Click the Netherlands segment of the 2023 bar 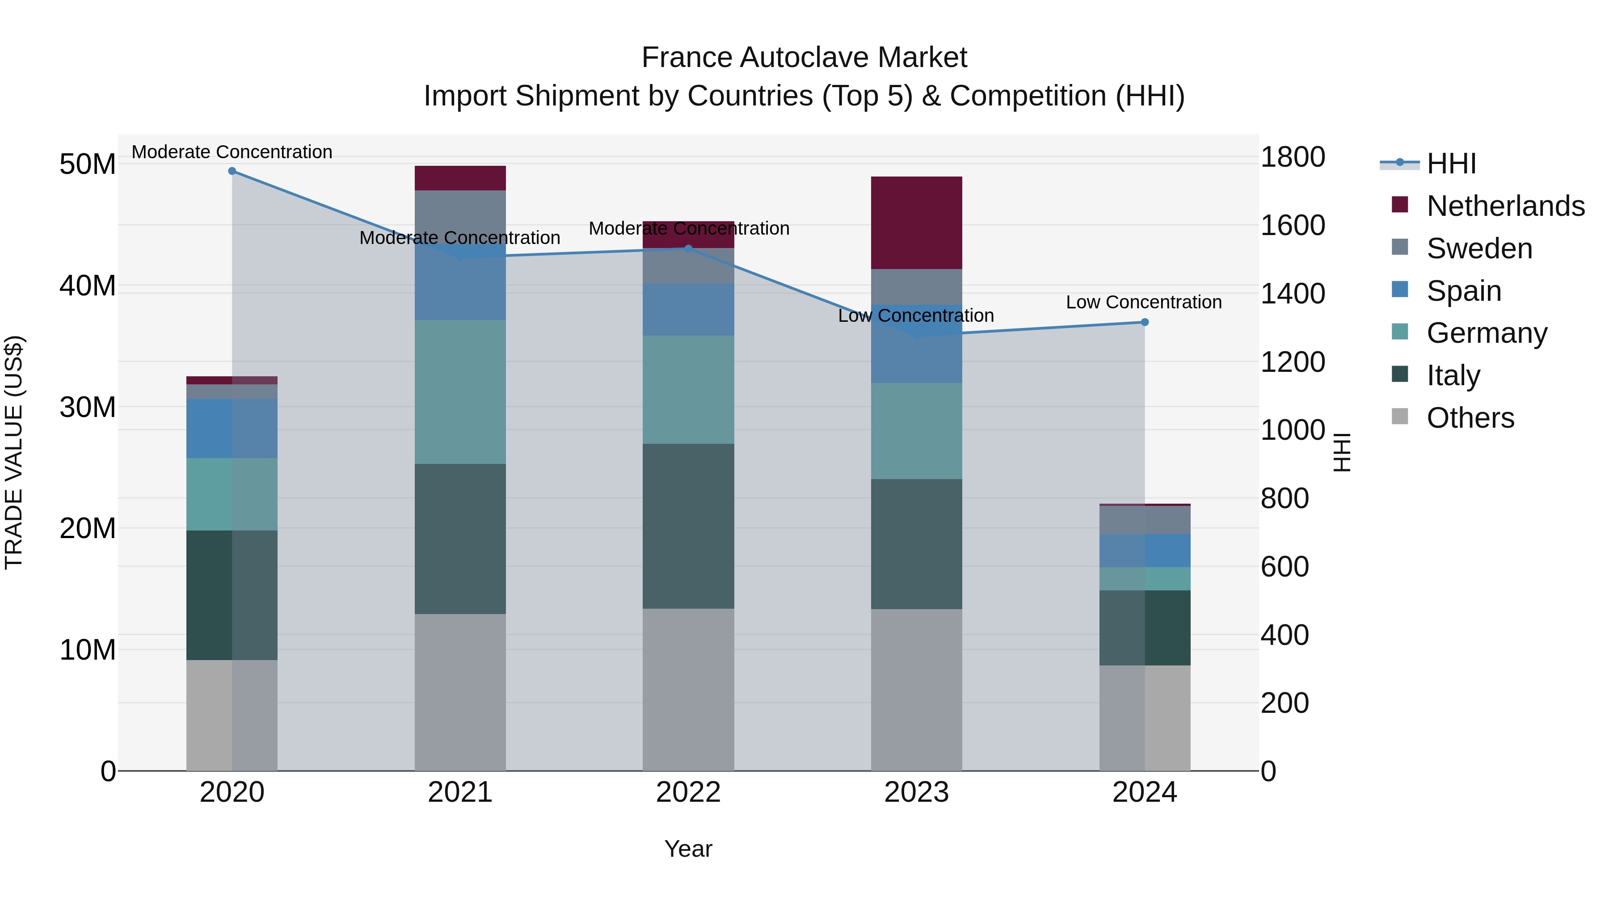click(x=916, y=223)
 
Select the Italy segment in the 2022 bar click(x=688, y=526)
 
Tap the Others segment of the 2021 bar click(x=460, y=692)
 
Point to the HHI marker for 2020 click(x=232, y=171)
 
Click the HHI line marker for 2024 click(x=1144, y=322)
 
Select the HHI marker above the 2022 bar click(x=688, y=248)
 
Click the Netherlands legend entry click(x=1505, y=206)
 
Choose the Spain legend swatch click(x=1400, y=290)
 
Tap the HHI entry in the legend click(x=1451, y=164)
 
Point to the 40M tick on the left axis click(x=88, y=286)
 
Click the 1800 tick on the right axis click(x=1292, y=157)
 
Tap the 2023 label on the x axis click(x=916, y=792)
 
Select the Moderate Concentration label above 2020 click(x=232, y=152)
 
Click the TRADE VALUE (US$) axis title click(x=14, y=452)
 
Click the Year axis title click(x=688, y=849)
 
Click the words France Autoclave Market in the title click(x=804, y=58)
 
